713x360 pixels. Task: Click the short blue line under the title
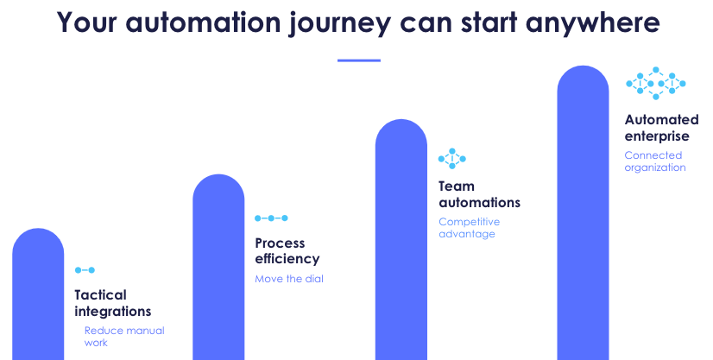(x=358, y=60)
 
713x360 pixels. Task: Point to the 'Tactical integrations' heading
(x=112, y=303)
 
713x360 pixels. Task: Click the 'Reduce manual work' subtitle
(x=123, y=337)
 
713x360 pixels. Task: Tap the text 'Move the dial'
(x=289, y=279)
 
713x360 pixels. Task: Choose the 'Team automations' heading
(x=479, y=194)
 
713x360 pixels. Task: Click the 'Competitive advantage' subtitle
(x=469, y=228)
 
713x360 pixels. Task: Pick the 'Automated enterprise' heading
(x=657, y=128)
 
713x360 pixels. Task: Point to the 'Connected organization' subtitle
(x=654, y=161)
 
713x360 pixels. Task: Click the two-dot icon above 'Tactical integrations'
(x=85, y=270)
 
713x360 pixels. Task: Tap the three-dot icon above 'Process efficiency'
(x=271, y=218)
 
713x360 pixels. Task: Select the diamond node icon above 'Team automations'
(x=451, y=158)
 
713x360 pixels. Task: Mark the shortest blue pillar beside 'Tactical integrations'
(x=38, y=298)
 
